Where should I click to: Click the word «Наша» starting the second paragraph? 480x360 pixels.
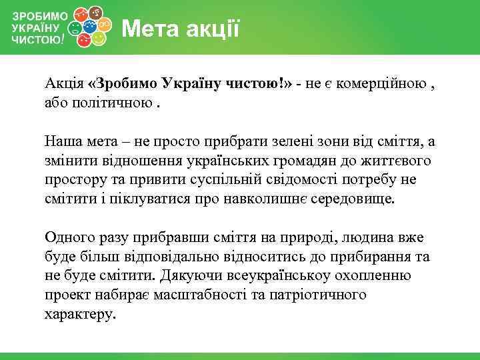(x=63, y=141)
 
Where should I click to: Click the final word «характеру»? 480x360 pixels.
(x=80, y=314)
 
